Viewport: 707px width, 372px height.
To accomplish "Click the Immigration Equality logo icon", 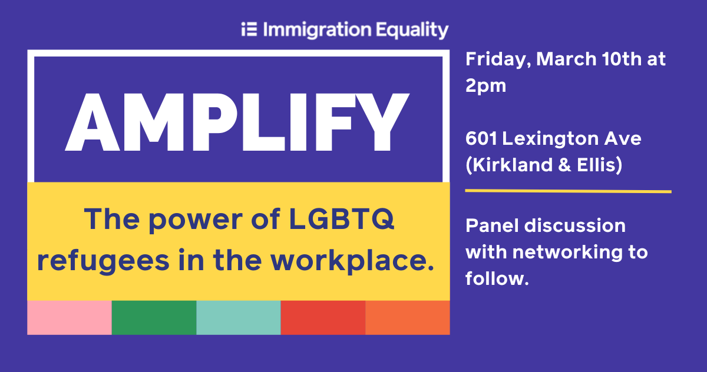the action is coord(249,29).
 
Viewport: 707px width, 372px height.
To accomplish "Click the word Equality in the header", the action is coord(412,30).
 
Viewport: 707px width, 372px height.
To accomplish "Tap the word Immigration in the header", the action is coord(317,30).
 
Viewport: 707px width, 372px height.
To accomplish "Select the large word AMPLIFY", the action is coord(237,122).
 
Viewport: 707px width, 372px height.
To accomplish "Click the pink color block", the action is coord(70,317).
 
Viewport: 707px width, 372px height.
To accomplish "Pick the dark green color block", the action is coord(154,317).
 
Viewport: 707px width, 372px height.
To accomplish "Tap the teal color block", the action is coord(239,317).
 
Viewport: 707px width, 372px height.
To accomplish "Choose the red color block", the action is coord(323,317).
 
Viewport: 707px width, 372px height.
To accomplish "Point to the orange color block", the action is coord(408,317).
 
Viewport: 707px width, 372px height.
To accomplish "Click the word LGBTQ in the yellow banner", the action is coord(342,219).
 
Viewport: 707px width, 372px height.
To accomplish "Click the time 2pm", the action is coord(485,86).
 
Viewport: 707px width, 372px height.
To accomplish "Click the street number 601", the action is coord(481,138).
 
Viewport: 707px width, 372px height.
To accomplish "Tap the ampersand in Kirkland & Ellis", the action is coord(564,165).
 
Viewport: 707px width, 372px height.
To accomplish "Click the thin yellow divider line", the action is coord(568,191).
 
